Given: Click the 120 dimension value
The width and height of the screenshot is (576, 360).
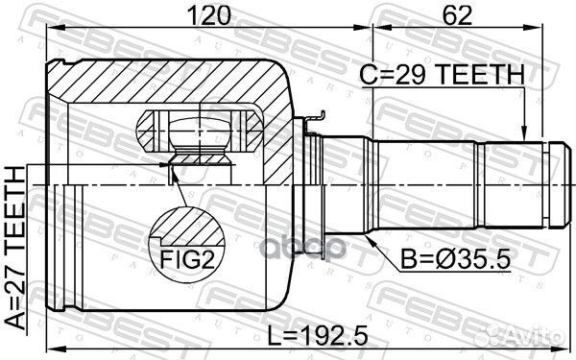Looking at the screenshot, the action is coord(209,15).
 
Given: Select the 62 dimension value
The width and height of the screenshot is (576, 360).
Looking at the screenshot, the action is coord(457,15).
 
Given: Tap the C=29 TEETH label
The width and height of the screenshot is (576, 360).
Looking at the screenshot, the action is coord(443,75).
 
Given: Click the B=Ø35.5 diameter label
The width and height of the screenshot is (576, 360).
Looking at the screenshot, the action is coord(455,259).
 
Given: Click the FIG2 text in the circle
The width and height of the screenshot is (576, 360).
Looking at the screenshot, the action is coord(187,260).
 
